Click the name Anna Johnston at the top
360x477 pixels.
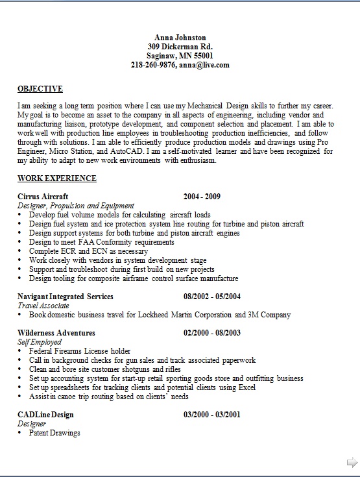[180, 38]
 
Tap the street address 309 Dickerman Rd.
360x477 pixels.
[180, 47]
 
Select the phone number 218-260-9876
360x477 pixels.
[153, 65]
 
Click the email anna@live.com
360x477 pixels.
[204, 65]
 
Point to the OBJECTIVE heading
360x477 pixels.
[40, 89]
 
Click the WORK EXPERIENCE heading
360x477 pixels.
[57, 178]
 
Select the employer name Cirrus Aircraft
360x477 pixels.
[43, 197]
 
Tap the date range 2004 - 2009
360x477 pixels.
[202, 197]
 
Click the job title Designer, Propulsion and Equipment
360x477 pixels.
[76, 206]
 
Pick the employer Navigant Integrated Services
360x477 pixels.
[66, 297]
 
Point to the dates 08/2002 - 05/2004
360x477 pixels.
[212, 297]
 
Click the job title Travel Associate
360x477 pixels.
[43, 306]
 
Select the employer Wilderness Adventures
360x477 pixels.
[56, 333]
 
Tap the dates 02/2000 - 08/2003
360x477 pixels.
[212, 333]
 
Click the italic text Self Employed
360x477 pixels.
[40, 342]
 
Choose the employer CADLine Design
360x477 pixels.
[45, 415]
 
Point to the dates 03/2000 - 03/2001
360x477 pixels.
[212, 415]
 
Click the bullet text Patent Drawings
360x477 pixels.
[54, 433]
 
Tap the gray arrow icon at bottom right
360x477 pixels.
[352, 462]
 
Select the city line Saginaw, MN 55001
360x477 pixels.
[180, 56]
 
